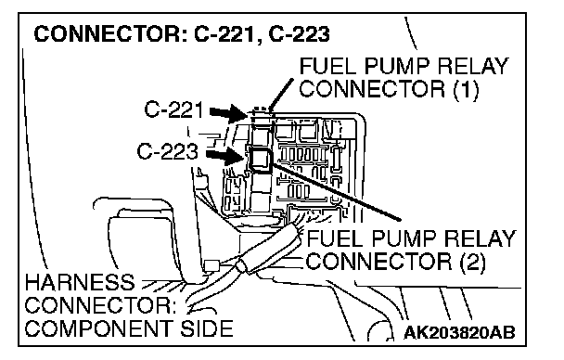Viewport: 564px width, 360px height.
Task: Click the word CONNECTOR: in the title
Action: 110,33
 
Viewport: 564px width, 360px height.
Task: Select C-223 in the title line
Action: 299,33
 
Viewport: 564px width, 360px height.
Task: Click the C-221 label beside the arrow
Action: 173,109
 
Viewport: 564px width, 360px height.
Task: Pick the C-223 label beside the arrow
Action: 167,151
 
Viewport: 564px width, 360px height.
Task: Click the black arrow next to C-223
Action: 224,156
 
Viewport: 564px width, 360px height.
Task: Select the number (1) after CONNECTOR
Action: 466,89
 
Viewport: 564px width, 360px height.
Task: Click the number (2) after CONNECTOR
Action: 473,262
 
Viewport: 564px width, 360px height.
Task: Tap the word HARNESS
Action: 80,282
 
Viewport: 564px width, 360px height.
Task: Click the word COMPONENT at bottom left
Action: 98,328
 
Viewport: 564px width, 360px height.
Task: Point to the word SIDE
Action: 207,328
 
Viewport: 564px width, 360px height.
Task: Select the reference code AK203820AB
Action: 459,332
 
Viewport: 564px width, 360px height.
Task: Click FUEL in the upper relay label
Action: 328,66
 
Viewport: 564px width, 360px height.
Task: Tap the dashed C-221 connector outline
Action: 261,112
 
